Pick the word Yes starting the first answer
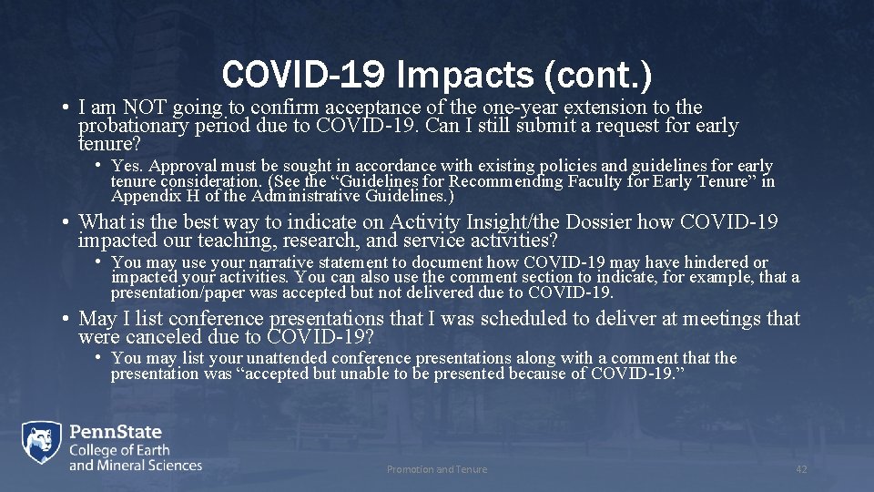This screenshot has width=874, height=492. [x=127, y=166]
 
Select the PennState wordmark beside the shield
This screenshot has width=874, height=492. [x=116, y=431]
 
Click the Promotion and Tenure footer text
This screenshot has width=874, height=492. [x=437, y=469]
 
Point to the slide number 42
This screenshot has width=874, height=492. [x=801, y=469]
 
